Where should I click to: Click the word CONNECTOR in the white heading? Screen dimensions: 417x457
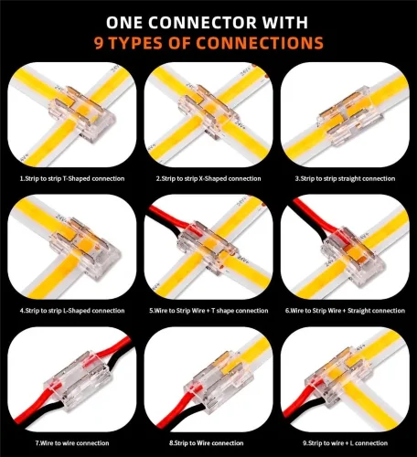pyautogui.click(x=203, y=22)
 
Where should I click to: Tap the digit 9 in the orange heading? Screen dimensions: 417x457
pyautogui.click(x=99, y=43)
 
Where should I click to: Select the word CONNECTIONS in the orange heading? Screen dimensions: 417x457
pyautogui.click(x=260, y=43)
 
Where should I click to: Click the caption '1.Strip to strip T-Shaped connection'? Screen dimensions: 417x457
pyautogui.click(x=72, y=178)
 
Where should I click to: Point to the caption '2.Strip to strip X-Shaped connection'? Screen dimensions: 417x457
pyautogui.click(x=208, y=178)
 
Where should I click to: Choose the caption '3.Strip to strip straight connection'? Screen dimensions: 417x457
pyautogui.click(x=345, y=178)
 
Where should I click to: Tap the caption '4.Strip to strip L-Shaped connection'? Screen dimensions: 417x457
pyautogui.click(x=72, y=311)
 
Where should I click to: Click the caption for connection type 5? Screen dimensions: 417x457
pyautogui.click(x=208, y=311)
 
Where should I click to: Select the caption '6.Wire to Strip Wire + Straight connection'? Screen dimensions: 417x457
pyautogui.click(x=345, y=311)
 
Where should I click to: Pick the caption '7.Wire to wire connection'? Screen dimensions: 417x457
pyautogui.click(x=72, y=443)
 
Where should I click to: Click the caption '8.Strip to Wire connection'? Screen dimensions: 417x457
pyautogui.click(x=207, y=443)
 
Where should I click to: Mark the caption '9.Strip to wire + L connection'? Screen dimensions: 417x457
pyautogui.click(x=345, y=443)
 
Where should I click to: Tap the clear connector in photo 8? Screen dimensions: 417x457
pyautogui.click(x=213, y=379)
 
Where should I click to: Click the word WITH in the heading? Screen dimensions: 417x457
pyautogui.click(x=285, y=22)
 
